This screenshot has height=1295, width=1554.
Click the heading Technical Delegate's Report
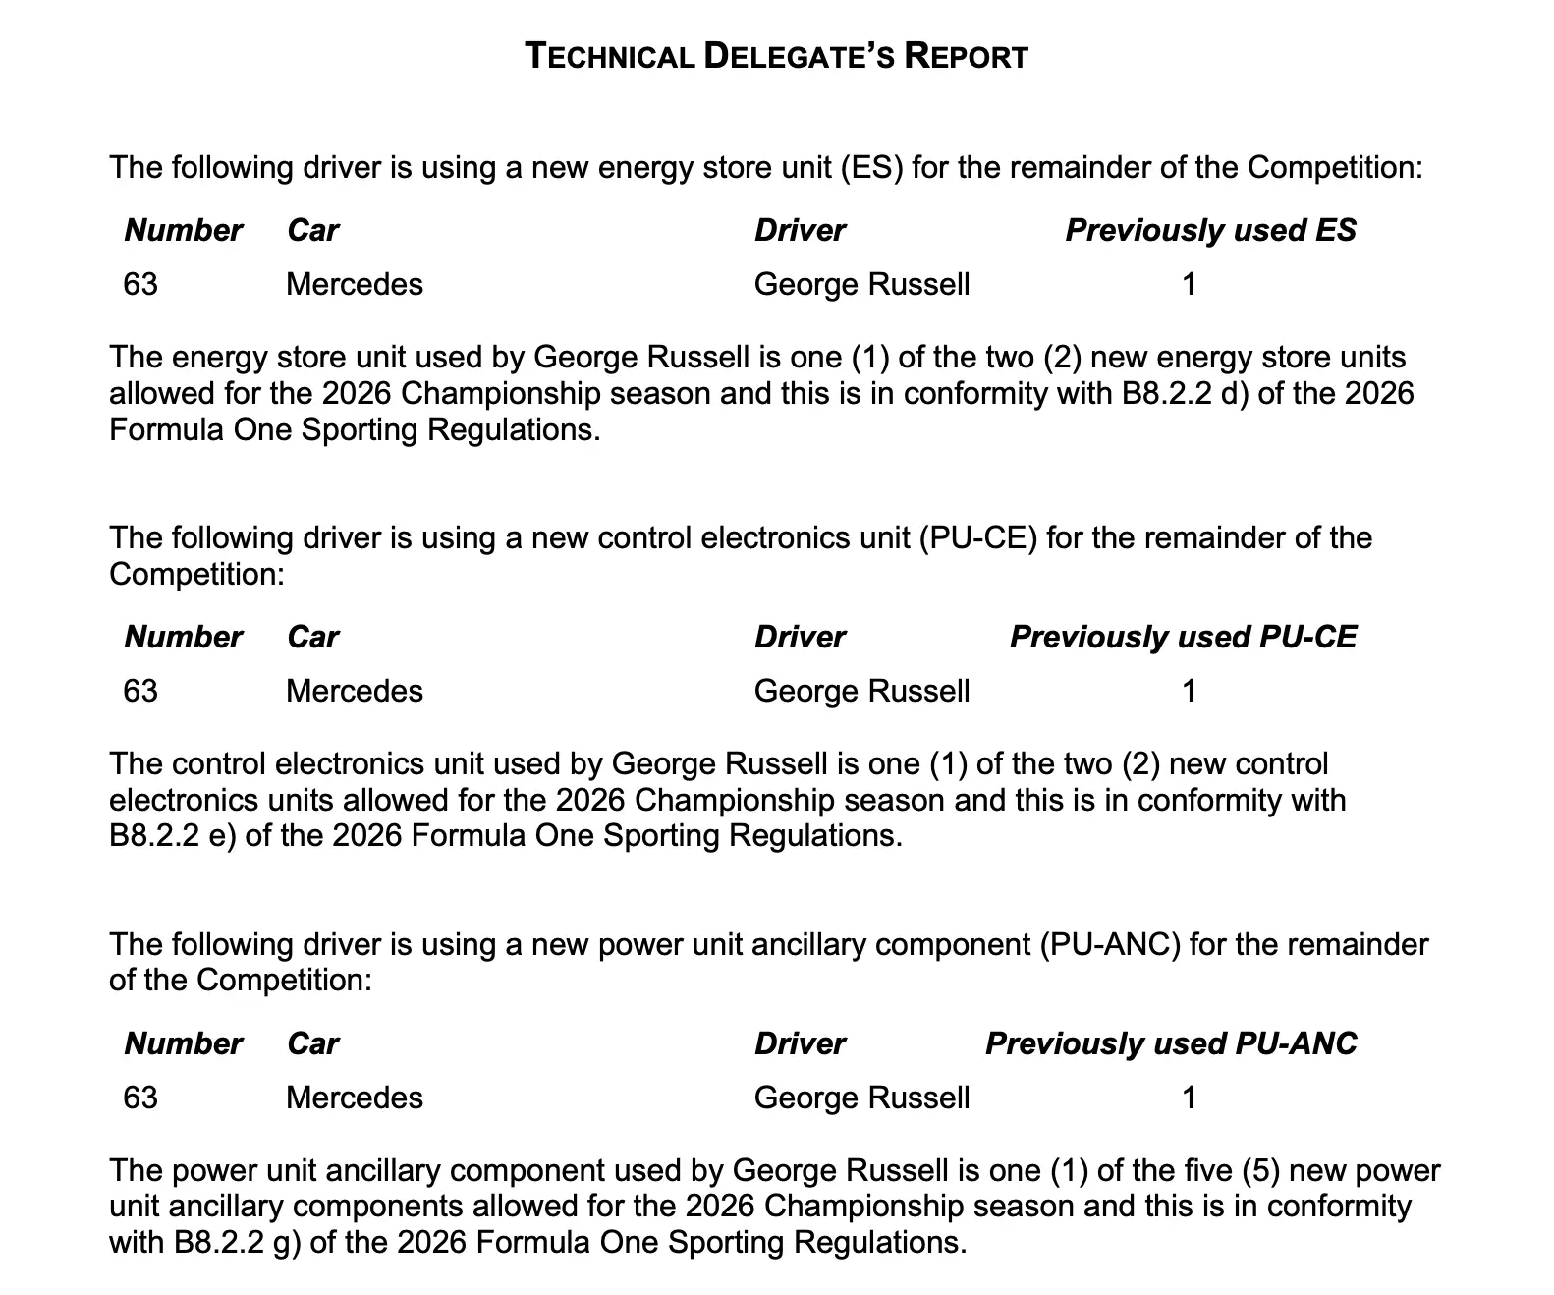(x=776, y=56)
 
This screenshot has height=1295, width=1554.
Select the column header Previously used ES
(x=1210, y=230)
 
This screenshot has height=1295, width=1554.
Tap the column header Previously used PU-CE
(x=1183, y=637)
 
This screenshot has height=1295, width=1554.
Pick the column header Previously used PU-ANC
(x=1171, y=1043)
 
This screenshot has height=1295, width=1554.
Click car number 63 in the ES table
(x=140, y=285)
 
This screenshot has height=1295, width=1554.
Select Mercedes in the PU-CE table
(x=354, y=692)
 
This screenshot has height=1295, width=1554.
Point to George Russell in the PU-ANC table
(x=861, y=1098)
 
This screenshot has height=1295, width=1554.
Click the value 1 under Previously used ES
(x=1189, y=285)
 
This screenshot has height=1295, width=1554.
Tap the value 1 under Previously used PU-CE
(x=1189, y=692)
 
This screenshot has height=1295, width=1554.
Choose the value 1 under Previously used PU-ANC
(x=1189, y=1098)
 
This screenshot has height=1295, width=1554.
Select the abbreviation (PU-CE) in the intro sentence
(x=978, y=538)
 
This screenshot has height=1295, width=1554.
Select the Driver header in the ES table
(x=800, y=230)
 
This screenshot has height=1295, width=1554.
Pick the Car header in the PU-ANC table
(x=312, y=1043)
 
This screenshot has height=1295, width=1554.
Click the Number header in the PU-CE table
(x=183, y=637)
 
